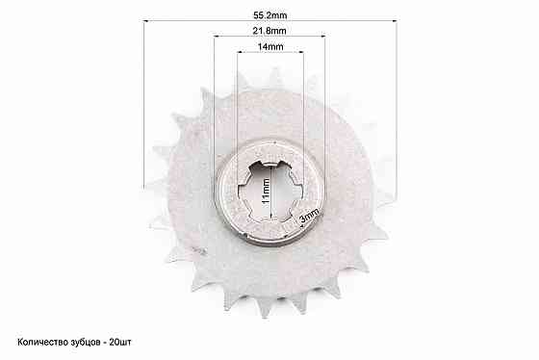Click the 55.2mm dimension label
(269, 15)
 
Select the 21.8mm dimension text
(269, 31)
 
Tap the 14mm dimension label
(270, 47)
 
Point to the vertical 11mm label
(266, 192)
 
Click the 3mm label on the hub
(309, 217)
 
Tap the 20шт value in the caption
(120, 342)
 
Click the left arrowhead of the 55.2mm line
(145, 21)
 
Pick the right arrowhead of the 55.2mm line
(395, 20)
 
